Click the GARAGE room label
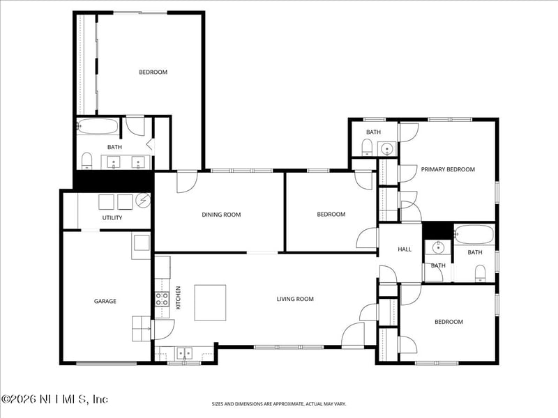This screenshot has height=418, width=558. click(105, 301)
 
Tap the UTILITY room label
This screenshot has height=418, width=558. click(112, 217)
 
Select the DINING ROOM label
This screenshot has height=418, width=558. click(221, 215)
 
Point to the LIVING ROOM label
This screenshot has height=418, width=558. click(295, 299)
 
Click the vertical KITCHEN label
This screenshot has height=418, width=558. click(179, 297)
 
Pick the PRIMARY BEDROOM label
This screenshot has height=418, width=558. click(448, 169)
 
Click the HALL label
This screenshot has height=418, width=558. click(405, 249)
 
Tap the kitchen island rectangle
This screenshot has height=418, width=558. click(210, 303)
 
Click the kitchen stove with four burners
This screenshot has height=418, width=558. click(162, 299)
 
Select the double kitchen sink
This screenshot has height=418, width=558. click(184, 353)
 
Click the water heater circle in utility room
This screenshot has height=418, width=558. click(143, 200)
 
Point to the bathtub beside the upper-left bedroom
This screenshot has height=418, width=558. click(98, 126)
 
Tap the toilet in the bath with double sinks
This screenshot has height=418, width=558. click(86, 161)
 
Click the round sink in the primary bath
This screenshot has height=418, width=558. click(386, 148)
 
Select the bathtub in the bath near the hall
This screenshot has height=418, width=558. click(474, 234)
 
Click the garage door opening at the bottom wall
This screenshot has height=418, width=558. click(107, 363)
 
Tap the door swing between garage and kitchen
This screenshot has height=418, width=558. click(163, 330)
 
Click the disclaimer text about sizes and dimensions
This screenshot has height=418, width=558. click(278, 404)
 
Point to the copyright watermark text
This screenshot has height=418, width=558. click(54, 399)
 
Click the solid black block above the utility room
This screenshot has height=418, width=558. click(113, 180)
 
